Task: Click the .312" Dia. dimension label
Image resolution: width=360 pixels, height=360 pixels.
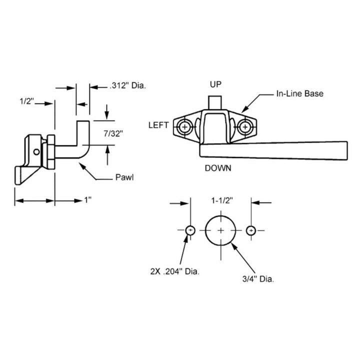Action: click(127, 86)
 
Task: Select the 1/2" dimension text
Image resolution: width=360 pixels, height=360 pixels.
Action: click(26, 101)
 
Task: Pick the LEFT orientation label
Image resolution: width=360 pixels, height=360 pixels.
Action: click(158, 125)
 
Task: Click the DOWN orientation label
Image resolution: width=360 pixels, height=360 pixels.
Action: click(218, 168)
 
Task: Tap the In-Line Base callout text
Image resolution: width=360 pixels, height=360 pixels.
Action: click(299, 94)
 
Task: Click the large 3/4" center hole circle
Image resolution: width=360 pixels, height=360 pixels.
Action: click(220, 230)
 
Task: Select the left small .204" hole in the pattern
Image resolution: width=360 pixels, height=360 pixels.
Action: click(190, 230)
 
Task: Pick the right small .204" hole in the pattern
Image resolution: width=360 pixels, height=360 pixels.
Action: click(251, 230)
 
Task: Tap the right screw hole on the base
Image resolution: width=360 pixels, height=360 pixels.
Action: click(244, 127)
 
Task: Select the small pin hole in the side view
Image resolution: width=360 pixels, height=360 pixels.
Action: click(36, 151)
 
